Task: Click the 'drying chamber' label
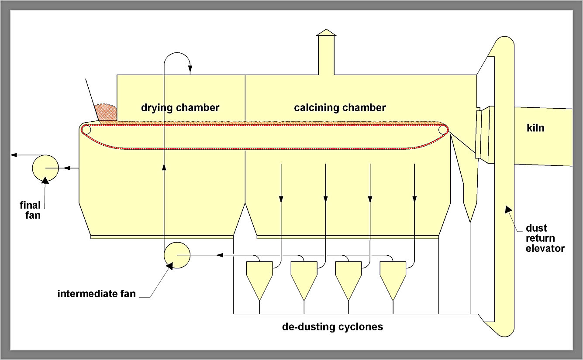pyautogui.click(x=180, y=107)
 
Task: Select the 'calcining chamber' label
pyautogui.click(x=340, y=107)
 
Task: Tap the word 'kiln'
pyautogui.click(x=535, y=128)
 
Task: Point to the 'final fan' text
pyautogui.click(x=30, y=209)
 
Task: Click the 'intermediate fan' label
pyautogui.click(x=97, y=294)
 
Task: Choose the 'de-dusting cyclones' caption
pyautogui.click(x=332, y=326)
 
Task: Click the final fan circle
pyautogui.click(x=46, y=168)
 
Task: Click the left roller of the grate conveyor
pyautogui.click(x=86, y=130)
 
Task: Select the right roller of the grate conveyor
pyautogui.click(x=443, y=130)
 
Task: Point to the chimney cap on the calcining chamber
pyautogui.click(x=326, y=32)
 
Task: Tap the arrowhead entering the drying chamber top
pyautogui.click(x=190, y=70)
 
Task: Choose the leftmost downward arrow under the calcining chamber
pyautogui.click(x=281, y=199)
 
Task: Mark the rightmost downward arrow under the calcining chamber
pyautogui.click(x=414, y=199)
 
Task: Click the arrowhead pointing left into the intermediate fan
pyautogui.click(x=221, y=255)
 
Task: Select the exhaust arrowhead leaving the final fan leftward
pyautogui.click(x=14, y=155)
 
